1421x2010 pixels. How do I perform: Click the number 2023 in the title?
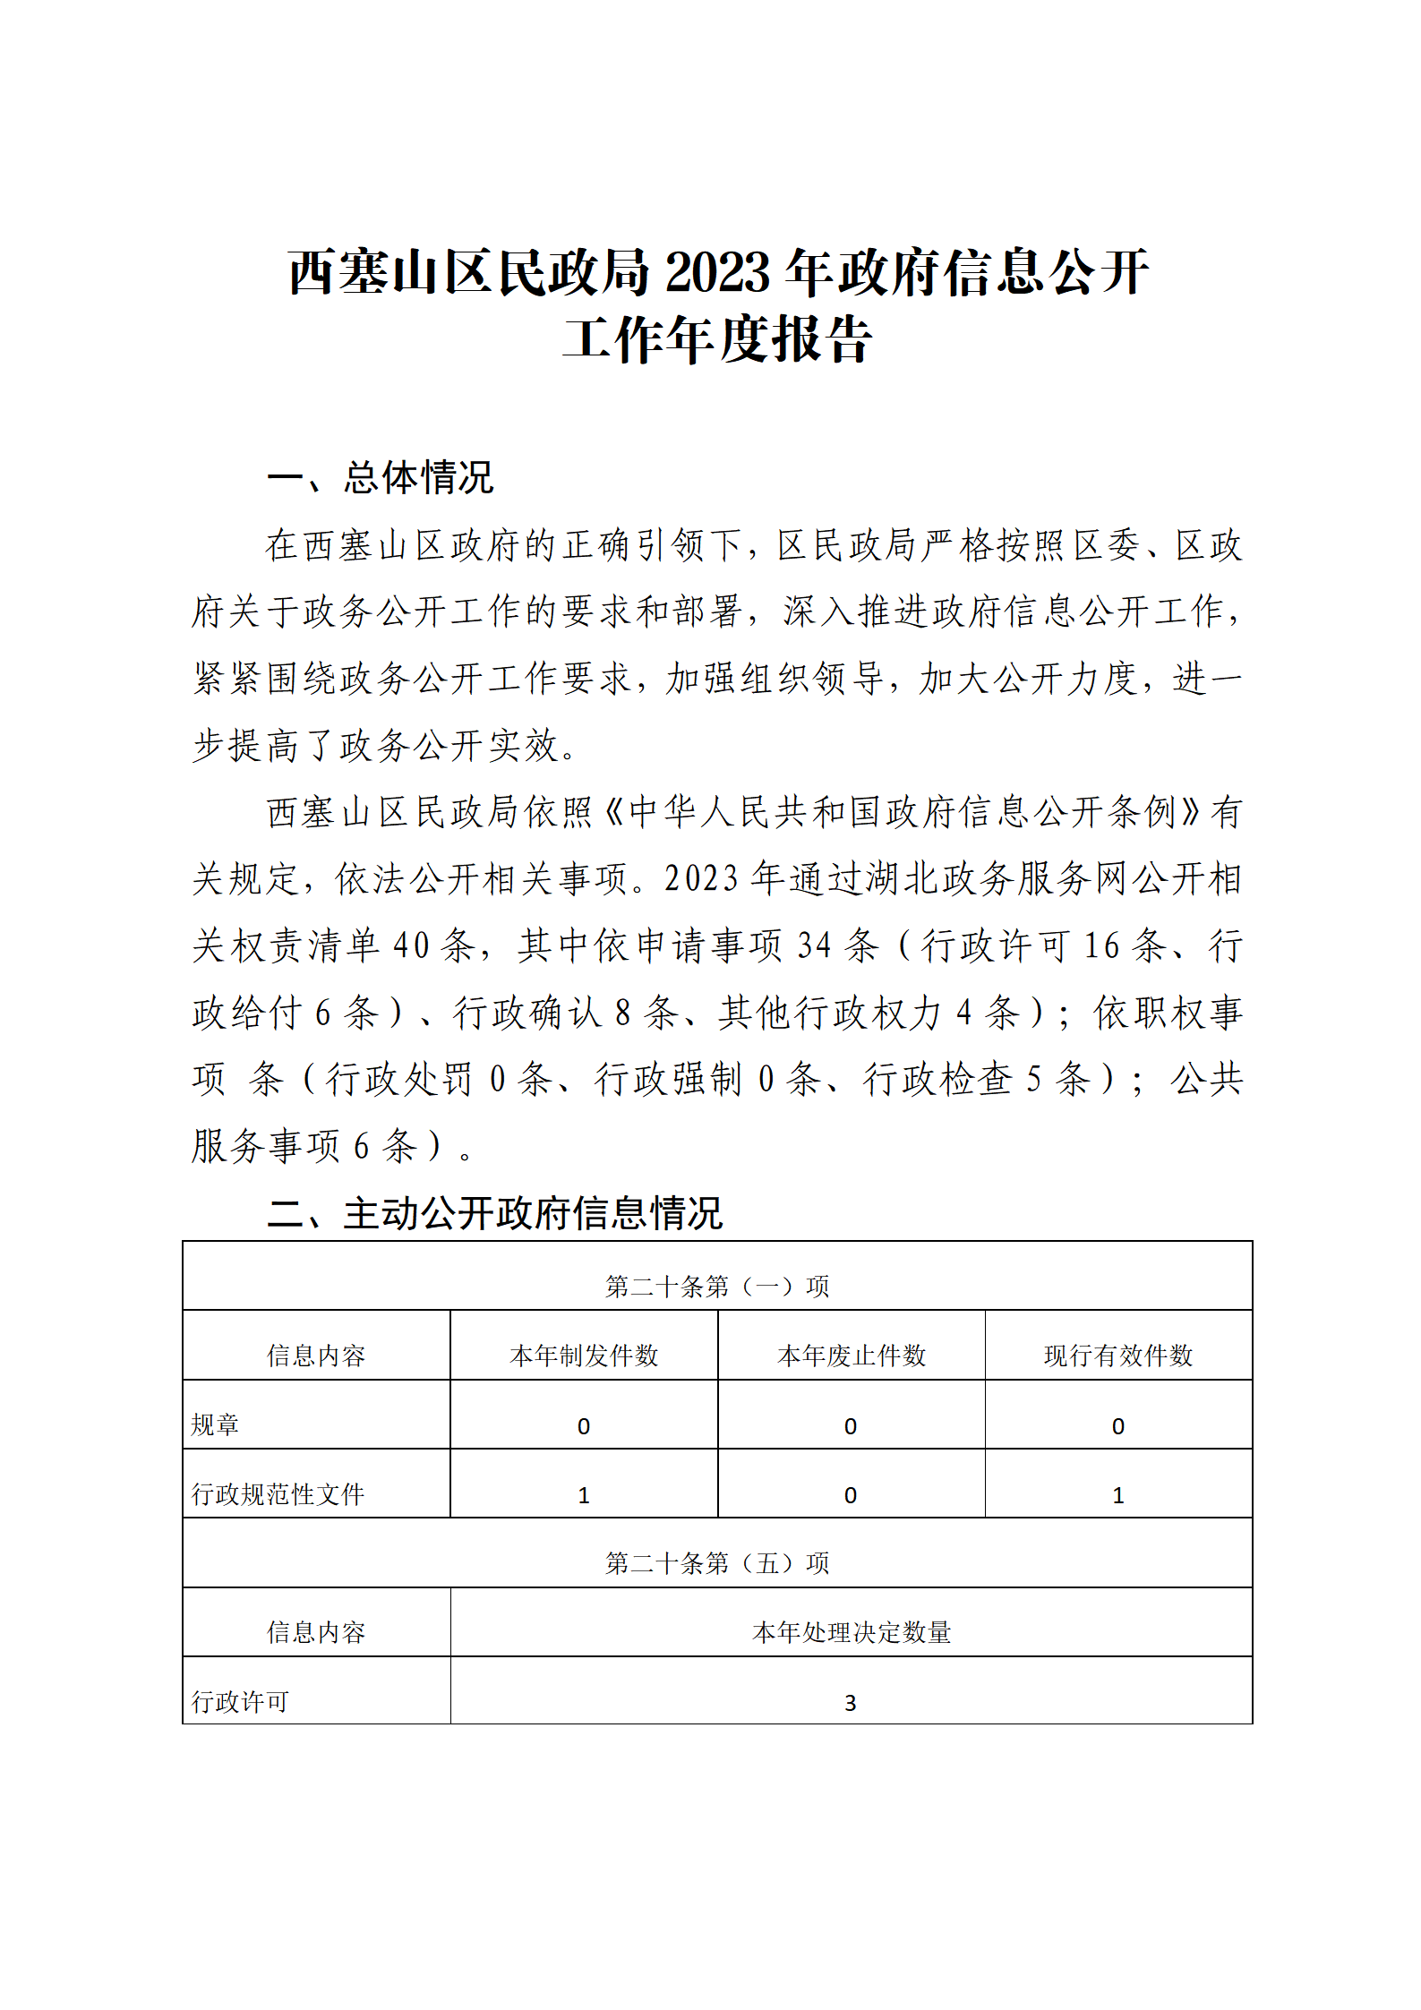pyautogui.click(x=718, y=273)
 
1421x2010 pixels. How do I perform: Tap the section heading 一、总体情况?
pyautogui.click(x=381, y=478)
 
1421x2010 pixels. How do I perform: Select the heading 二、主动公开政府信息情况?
pyautogui.click(x=495, y=1213)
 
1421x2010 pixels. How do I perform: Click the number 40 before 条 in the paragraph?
pyautogui.click(x=411, y=945)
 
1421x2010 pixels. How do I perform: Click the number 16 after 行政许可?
pyautogui.click(x=1101, y=945)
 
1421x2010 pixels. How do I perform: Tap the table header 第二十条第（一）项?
pyautogui.click(x=717, y=1287)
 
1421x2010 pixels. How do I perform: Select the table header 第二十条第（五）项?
pyautogui.click(x=717, y=1563)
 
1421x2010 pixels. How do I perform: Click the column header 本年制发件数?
pyautogui.click(x=584, y=1356)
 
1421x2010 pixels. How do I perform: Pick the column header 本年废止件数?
pyautogui.click(x=851, y=1356)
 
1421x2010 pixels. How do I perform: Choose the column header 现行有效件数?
pyautogui.click(x=1118, y=1356)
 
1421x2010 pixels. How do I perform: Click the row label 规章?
pyautogui.click(x=215, y=1424)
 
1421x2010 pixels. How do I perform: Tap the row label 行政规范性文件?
pyautogui.click(x=278, y=1494)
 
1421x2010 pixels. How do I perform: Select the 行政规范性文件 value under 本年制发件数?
pyautogui.click(x=584, y=1495)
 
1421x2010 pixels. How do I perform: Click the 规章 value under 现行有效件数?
pyautogui.click(x=1118, y=1426)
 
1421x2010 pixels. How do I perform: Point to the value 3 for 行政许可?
pyautogui.click(x=851, y=1703)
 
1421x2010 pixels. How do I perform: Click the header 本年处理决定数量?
pyautogui.click(x=851, y=1632)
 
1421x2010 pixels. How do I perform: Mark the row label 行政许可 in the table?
pyautogui.click(x=240, y=1701)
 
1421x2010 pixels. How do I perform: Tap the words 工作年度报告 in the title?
pyautogui.click(x=717, y=340)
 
